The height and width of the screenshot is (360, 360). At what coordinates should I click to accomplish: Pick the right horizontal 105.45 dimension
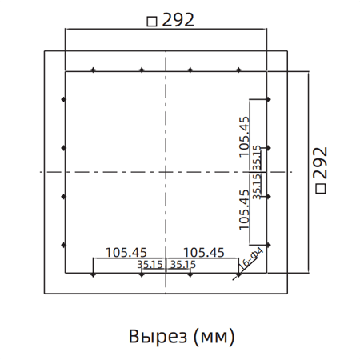click(x=203, y=252)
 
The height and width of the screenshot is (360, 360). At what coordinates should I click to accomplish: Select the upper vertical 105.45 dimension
click(x=244, y=134)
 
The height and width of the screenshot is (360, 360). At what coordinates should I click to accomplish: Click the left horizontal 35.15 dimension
click(x=150, y=264)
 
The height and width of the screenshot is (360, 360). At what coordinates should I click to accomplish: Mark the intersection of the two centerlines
click(x=165, y=173)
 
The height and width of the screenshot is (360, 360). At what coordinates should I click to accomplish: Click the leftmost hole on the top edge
click(x=94, y=70)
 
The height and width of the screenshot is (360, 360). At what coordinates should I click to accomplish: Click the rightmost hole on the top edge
click(x=238, y=70)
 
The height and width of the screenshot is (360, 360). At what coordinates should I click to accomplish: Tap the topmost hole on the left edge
click(x=63, y=100)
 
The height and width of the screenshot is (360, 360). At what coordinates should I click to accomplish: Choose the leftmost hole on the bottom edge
click(x=94, y=274)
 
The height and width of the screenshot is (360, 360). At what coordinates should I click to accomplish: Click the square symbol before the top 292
click(x=151, y=22)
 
